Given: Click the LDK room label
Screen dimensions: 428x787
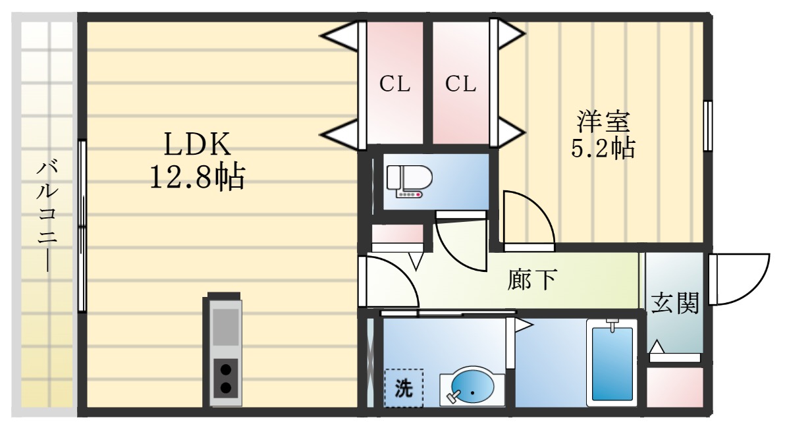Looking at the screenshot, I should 196,143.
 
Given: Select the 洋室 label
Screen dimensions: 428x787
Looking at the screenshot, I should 604,122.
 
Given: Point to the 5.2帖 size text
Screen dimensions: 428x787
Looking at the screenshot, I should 603,149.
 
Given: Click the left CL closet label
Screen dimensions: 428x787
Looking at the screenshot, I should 394,84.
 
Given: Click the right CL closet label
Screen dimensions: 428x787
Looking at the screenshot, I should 460,84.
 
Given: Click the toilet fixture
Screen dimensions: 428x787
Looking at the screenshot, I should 408,180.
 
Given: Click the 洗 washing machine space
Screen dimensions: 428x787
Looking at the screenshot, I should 404,388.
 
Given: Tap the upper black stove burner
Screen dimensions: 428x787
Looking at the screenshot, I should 225,369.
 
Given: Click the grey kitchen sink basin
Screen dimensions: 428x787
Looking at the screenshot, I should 225,327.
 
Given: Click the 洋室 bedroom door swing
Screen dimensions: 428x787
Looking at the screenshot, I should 527,221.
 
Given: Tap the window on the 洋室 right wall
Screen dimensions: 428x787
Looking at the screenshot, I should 708,126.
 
